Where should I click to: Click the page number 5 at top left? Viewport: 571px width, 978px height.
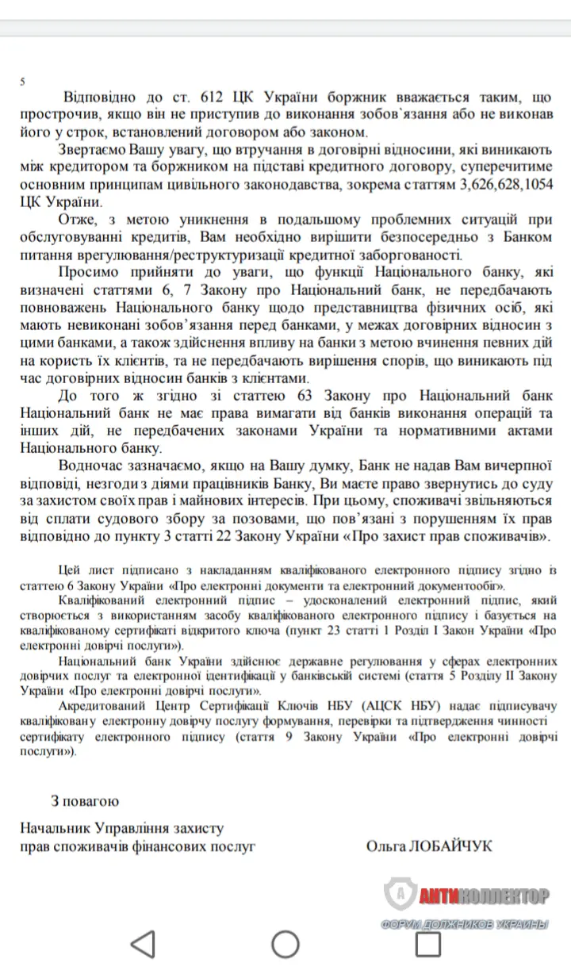point(23,82)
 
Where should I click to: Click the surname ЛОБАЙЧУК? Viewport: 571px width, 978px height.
point(449,846)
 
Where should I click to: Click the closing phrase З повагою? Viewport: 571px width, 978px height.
point(85,801)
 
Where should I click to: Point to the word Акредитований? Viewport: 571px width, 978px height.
point(107,706)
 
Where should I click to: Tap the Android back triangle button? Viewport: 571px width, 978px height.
point(143,944)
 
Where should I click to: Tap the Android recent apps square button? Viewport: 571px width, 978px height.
point(428,944)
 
